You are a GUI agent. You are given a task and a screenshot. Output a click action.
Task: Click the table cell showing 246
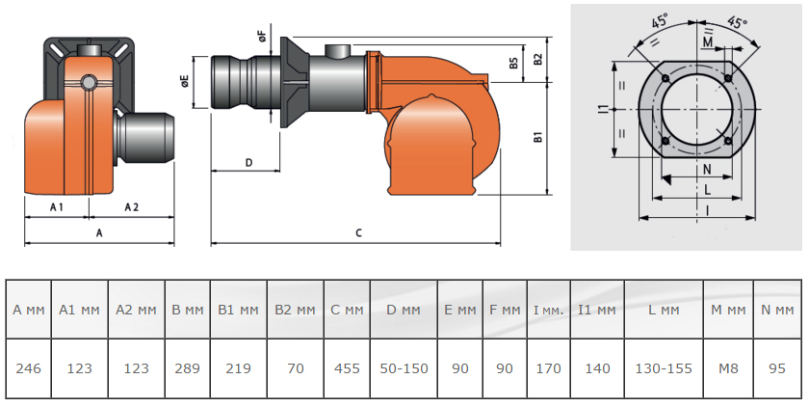tap(28, 368)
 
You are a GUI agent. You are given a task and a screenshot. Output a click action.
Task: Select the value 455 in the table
tap(347, 368)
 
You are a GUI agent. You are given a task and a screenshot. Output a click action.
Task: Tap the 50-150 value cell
tap(404, 368)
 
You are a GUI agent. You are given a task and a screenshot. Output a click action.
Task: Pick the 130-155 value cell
tap(664, 368)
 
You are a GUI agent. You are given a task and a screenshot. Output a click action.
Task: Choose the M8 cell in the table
tap(728, 368)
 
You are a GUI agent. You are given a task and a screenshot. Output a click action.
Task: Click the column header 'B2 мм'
tap(295, 310)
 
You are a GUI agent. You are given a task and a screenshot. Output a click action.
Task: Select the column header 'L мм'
tap(664, 310)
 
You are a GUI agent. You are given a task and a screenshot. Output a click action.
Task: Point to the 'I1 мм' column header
tap(597, 310)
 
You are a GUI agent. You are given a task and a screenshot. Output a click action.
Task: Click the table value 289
tap(187, 368)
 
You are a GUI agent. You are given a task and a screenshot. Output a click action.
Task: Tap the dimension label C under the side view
tap(359, 233)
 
